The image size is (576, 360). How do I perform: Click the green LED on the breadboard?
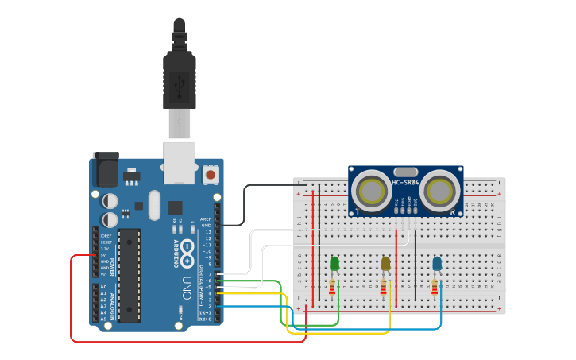[x=334, y=263]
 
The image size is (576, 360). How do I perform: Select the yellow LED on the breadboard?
[x=386, y=263]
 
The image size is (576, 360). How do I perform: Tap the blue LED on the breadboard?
[x=437, y=263]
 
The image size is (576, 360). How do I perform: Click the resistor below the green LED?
[x=332, y=287]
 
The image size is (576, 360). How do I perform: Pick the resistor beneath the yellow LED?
[x=384, y=287]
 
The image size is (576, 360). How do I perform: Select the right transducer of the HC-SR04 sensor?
[x=439, y=191]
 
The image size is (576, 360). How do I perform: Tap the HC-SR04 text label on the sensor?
[x=405, y=183]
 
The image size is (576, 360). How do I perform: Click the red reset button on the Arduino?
[x=211, y=173]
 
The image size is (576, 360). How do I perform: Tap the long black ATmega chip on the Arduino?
[x=129, y=274]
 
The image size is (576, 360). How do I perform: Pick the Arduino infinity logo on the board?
[x=187, y=253]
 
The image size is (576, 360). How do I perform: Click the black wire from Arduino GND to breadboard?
[x=246, y=199]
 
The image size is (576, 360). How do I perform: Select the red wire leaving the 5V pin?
[x=72, y=302]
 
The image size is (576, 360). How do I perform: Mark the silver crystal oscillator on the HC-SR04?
[x=405, y=172]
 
